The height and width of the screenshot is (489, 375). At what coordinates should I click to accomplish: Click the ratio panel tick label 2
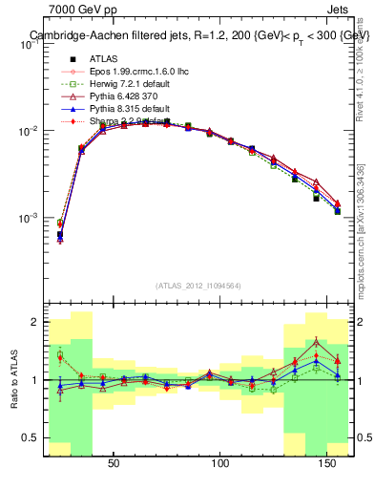pyautogui.click(x=35, y=323)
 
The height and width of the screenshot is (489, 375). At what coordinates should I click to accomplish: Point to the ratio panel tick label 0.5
pyautogui.click(x=31, y=438)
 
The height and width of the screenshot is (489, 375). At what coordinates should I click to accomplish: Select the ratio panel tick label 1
pyautogui.click(x=35, y=380)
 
